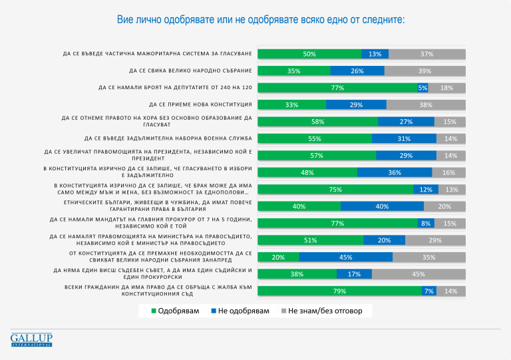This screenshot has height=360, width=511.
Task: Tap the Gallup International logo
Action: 31,339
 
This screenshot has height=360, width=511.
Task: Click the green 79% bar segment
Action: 339,291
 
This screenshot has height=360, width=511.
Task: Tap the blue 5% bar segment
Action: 423,88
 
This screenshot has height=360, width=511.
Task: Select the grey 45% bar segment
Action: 419,273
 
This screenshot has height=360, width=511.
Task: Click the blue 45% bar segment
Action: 345,257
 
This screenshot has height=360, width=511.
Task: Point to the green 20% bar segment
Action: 278,257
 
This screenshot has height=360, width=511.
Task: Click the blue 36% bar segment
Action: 395,172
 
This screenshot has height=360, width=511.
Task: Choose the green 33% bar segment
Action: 291,104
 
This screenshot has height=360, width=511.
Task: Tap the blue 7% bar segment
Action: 429,291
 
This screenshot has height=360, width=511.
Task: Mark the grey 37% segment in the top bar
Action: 427,54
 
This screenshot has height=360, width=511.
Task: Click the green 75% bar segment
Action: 335,189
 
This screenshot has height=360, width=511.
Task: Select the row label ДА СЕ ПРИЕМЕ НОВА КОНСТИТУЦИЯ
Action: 200,104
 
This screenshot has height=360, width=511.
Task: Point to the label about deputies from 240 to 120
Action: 174,88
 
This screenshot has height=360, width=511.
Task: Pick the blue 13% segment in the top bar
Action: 375,54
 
